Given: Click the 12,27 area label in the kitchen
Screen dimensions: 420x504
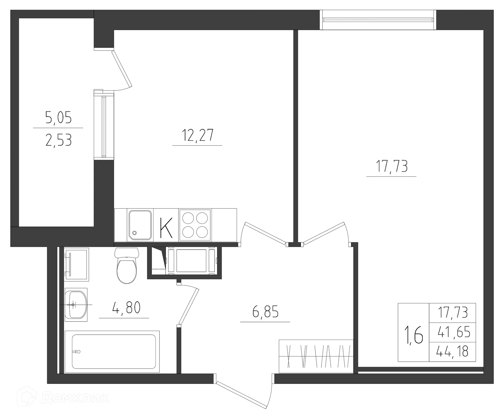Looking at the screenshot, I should click(x=198, y=135).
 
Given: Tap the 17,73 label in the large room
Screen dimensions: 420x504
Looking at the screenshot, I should click(x=392, y=166).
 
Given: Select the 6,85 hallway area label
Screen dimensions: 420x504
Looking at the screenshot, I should click(x=265, y=312).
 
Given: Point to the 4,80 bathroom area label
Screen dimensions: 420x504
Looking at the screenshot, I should click(x=126, y=308).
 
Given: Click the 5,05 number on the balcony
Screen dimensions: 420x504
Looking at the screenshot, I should click(x=58, y=118).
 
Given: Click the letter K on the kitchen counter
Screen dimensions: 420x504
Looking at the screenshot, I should click(x=166, y=228).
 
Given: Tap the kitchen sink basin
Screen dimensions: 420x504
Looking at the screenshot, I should click(x=140, y=225).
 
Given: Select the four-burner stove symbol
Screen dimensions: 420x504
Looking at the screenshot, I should click(x=195, y=225).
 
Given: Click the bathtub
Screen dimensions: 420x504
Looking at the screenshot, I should click(x=113, y=351).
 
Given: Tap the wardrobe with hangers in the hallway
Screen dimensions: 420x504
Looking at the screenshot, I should click(x=316, y=356).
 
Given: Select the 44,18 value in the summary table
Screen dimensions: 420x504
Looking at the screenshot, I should click(x=452, y=352).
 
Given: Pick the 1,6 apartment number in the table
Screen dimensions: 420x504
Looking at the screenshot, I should click(x=414, y=335).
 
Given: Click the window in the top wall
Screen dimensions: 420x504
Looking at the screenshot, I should click(x=378, y=20).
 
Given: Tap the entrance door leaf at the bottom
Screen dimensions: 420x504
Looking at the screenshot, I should click(x=241, y=395).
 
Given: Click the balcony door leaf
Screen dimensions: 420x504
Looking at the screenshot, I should click(x=122, y=69).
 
